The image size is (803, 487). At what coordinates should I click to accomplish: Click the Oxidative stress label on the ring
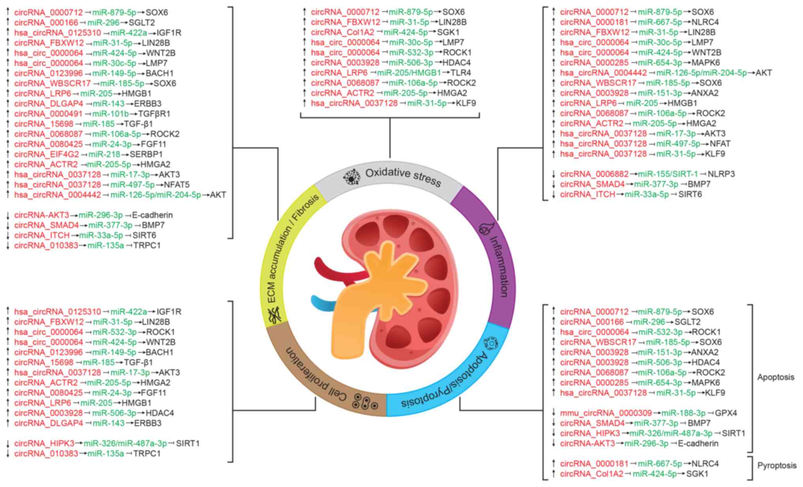tap(403, 177)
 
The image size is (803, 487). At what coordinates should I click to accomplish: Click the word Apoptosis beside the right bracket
tap(775, 377)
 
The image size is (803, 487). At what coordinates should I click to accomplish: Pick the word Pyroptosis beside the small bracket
tap(777, 466)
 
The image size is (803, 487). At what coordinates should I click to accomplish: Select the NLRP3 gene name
tap(721, 174)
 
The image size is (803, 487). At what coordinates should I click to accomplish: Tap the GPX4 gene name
tap(726, 413)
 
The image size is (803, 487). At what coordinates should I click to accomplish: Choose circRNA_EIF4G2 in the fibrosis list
tap(47, 154)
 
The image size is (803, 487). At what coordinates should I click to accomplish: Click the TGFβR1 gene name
tap(154, 113)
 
